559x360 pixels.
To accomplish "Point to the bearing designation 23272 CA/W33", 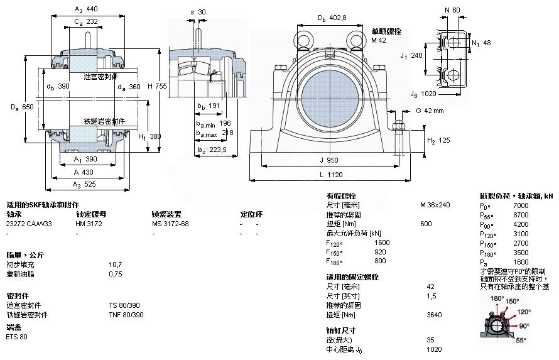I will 30,224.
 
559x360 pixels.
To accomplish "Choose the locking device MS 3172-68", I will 170,224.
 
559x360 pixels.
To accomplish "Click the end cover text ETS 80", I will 17,337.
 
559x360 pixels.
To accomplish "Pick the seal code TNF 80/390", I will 126,314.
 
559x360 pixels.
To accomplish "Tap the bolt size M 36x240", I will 435,205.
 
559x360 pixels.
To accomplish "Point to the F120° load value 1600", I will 382,243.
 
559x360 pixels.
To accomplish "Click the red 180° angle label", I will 497,298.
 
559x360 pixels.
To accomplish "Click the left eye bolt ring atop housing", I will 303,39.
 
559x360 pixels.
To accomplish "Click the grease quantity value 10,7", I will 116,265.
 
